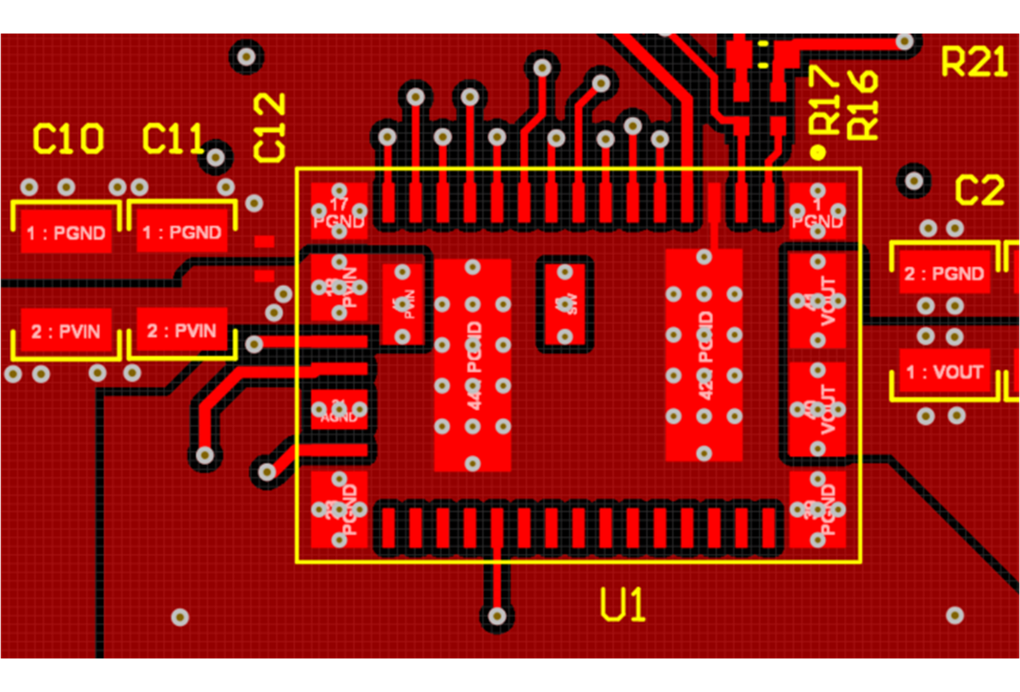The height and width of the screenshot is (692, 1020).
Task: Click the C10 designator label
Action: click(x=68, y=139)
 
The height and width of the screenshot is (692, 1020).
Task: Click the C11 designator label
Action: click(x=172, y=139)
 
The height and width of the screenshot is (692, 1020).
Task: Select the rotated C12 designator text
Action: click(x=269, y=128)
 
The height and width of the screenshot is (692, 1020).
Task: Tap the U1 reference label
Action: click(x=622, y=605)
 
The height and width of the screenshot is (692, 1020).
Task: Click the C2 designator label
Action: click(x=979, y=191)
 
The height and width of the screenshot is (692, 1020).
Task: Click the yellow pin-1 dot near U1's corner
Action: click(x=818, y=152)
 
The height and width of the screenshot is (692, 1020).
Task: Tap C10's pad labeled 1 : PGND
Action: click(x=66, y=232)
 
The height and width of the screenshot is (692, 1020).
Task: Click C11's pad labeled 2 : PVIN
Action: click(x=182, y=331)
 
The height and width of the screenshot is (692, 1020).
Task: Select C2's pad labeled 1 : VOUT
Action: click(x=944, y=371)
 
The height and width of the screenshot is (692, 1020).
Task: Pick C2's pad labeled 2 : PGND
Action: click(x=944, y=274)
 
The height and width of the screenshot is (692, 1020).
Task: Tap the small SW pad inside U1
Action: click(x=565, y=304)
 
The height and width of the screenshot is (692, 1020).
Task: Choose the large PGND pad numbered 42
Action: click(x=704, y=355)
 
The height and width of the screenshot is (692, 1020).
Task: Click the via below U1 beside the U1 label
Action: click(x=497, y=617)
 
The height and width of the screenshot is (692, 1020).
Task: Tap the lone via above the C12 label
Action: click(x=246, y=57)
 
